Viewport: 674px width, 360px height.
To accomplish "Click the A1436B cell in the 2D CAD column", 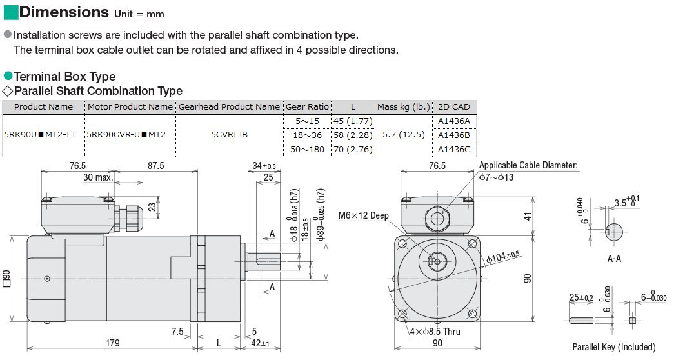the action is (x=454, y=135).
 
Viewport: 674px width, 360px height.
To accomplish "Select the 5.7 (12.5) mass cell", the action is (x=403, y=135).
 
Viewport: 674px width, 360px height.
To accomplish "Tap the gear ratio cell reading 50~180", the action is (x=307, y=149).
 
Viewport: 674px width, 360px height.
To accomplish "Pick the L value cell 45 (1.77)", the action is (x=353, y=121).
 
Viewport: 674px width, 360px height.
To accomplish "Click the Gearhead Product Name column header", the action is (x=229, y=106).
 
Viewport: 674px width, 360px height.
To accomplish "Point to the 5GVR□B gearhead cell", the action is (x=229, y=135).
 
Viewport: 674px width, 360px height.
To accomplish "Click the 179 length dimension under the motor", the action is (x=112, y=343).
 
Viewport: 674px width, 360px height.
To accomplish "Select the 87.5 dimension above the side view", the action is (x=155, y=166).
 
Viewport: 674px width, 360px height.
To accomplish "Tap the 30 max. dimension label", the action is (x=98, y=177).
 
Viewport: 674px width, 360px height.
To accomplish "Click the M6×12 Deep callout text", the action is (x=363, y=215).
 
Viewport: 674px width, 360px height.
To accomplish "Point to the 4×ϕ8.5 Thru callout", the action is (x=435, y=332).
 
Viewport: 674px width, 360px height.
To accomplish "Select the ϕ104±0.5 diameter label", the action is (x=503, y=257).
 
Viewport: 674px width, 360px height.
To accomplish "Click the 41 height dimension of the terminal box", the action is (x=528, y=216).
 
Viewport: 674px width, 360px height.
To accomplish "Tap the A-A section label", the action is (x=614, y=259).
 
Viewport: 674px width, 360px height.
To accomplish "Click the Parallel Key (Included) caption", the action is (x=614, y=347).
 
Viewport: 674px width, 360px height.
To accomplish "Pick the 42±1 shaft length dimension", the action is (x=260, y=343).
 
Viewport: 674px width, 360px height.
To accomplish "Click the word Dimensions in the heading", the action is (x=64, y=12).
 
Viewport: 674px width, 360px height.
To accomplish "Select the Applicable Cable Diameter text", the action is (x=528, y=165).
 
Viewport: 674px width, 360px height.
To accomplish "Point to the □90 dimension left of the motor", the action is (x=6, y=279).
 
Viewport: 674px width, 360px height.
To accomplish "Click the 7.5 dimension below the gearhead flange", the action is (x=177, y=331).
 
